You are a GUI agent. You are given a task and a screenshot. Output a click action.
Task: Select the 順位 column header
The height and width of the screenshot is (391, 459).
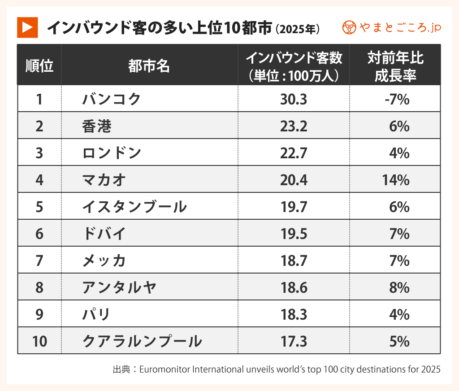39,66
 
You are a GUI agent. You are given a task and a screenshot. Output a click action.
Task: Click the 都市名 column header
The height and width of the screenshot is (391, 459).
149,66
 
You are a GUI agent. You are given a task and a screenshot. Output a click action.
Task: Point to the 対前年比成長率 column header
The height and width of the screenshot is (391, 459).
395,66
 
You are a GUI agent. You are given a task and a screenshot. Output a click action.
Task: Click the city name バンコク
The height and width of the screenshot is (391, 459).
112,99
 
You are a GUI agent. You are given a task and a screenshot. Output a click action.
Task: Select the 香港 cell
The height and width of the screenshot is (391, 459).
96,126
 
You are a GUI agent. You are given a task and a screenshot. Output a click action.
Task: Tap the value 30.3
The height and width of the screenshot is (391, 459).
294,99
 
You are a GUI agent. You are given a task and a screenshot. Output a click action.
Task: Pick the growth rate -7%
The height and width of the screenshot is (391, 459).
397,99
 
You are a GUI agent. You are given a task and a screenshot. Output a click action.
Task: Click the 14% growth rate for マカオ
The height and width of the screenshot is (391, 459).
395,180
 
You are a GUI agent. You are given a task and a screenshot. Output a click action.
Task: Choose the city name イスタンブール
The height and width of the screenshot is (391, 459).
134,207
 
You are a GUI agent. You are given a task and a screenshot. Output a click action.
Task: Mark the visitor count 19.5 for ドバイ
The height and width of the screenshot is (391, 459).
294,234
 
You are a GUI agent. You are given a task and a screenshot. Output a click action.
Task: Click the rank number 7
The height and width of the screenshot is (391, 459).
39,261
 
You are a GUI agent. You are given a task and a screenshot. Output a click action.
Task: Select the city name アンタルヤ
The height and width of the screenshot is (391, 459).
119,288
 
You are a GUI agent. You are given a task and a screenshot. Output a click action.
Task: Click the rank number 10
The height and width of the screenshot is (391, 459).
39,342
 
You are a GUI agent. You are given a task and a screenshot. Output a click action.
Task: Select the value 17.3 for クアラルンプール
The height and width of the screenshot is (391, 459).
294,342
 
